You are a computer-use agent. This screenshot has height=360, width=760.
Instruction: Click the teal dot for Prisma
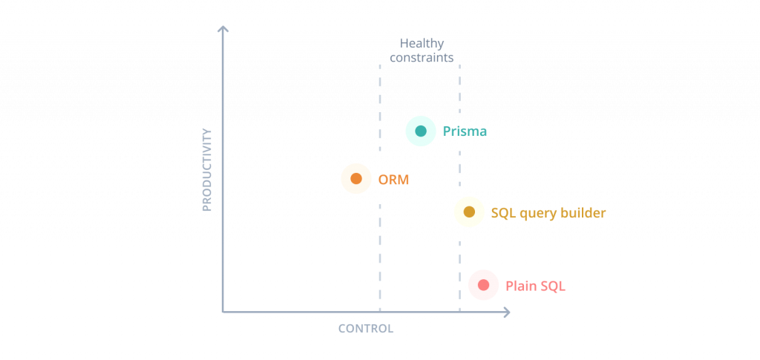[421, 131]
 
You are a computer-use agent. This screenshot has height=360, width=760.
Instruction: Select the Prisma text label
[465, 131]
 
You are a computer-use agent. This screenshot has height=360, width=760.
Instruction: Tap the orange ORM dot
[356, 179]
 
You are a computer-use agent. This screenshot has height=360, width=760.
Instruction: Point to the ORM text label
[393, 179]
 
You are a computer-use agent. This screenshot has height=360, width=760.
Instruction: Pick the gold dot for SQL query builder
[469, 212]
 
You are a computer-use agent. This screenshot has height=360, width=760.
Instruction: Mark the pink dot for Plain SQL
[483, 285]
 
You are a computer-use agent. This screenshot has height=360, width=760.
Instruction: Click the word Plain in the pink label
[522, 285]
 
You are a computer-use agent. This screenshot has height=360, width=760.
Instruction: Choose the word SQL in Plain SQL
[554, 285]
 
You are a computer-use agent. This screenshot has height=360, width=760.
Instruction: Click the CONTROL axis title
[365, 328]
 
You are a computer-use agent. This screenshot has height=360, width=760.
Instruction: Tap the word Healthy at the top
[421, 43]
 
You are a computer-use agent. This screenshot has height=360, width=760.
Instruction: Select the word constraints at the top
[421, 56]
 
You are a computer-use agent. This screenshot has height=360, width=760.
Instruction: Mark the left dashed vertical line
[380, 245]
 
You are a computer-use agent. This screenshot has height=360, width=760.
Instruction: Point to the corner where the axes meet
[223, 312]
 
